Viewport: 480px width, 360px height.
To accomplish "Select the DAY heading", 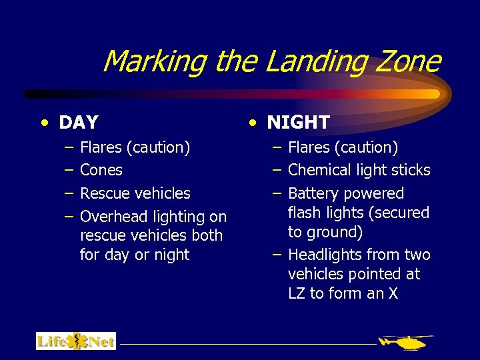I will [x=79, y=123].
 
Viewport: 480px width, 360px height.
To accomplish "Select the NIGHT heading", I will [x=298, y=122].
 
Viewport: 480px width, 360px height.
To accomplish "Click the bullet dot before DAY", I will [x=44, y=123].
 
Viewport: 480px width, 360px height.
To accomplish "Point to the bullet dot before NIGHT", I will [x=253, y=122].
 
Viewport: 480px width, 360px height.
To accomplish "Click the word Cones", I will [x=101, y=170].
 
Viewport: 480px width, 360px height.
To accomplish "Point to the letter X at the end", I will [x=392, y=293].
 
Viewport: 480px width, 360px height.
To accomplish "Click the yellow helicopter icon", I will [x=405, y=342].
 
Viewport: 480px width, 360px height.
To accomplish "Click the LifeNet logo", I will [x=75, y=341].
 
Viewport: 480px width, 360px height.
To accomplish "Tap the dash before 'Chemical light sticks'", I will [x=277, y=170].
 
